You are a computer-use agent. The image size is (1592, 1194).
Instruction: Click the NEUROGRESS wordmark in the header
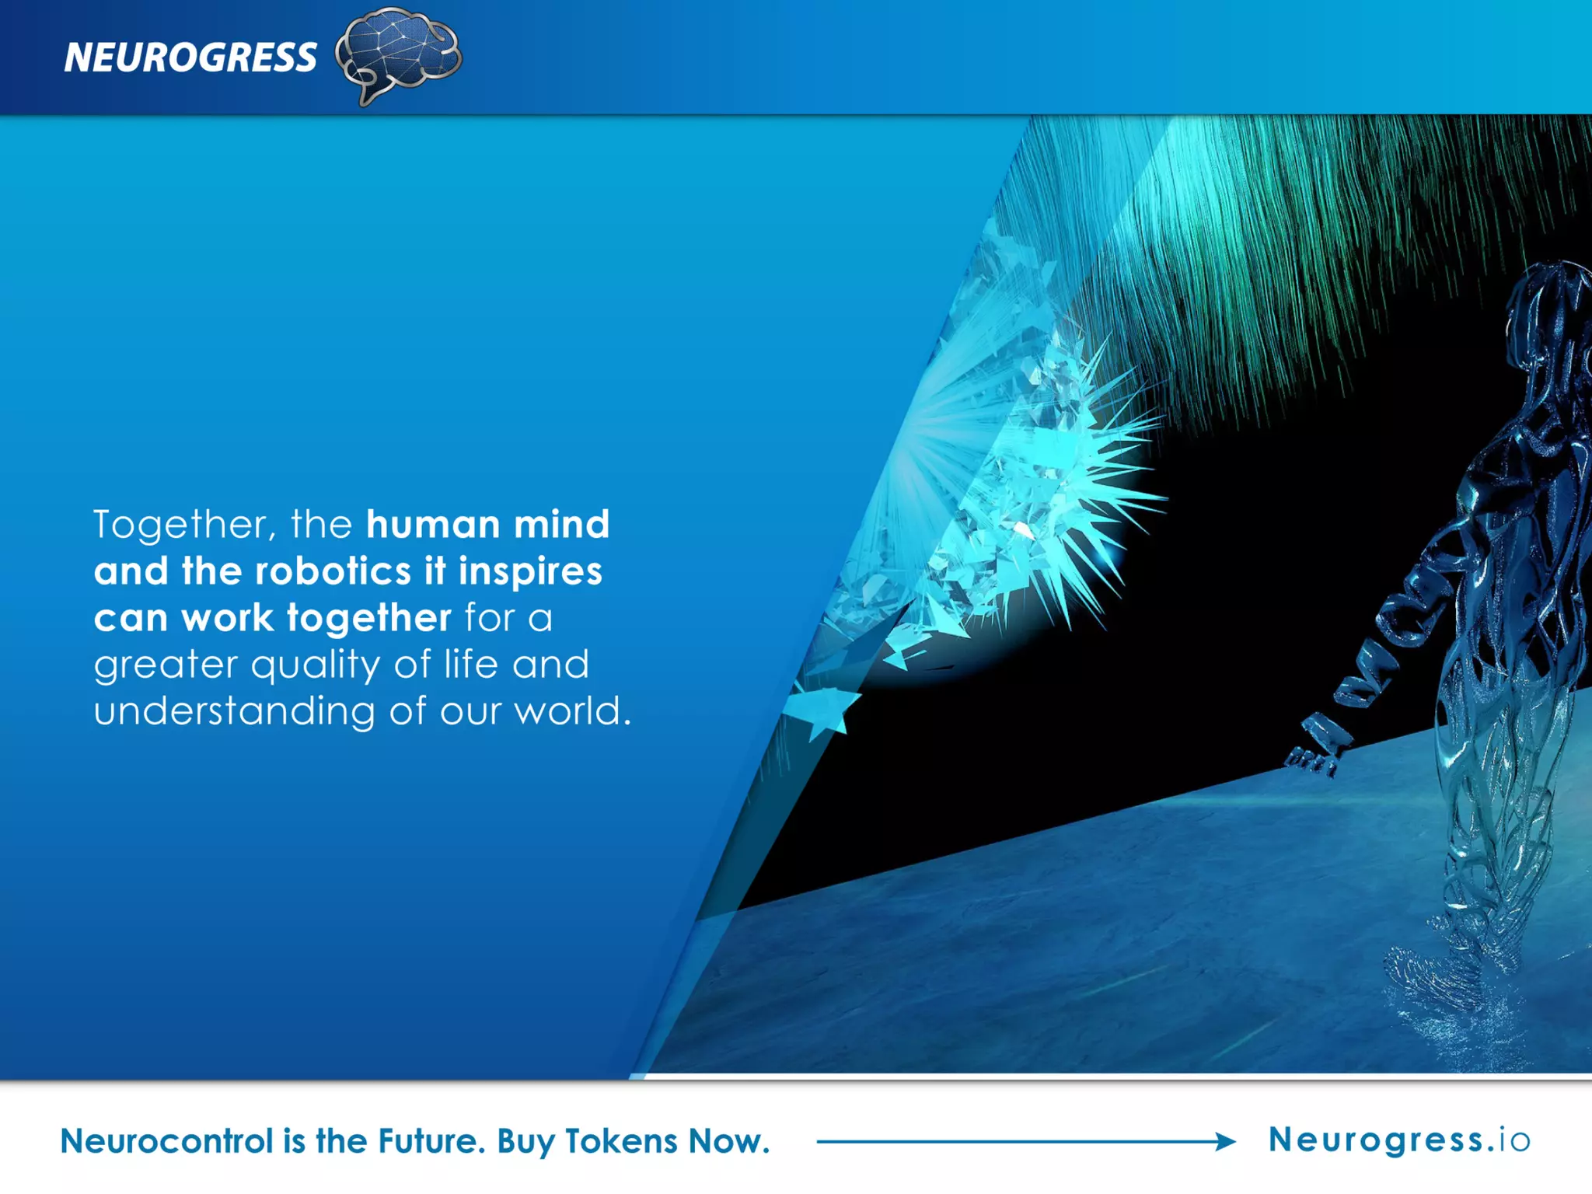(190, 58)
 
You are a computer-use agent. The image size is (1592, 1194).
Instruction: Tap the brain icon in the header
(398, 53)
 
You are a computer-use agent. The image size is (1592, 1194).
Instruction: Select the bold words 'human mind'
(487, 525)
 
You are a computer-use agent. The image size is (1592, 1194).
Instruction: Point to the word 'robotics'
(333, 571)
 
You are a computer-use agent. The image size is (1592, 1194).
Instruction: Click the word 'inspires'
(530, 571)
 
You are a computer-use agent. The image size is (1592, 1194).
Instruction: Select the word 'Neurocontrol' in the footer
(166, 1141)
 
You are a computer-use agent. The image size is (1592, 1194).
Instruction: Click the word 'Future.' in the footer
(431, 1141)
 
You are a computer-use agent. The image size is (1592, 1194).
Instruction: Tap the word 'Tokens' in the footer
(621, 1141)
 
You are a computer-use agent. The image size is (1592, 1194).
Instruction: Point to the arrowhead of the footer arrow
(1225, 1141)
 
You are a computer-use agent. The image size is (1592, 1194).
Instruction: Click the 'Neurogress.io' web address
(1399, 1140)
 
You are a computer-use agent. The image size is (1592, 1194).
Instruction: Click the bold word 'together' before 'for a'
(369, 619)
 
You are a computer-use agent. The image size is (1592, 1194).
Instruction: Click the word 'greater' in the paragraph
(166, 665)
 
